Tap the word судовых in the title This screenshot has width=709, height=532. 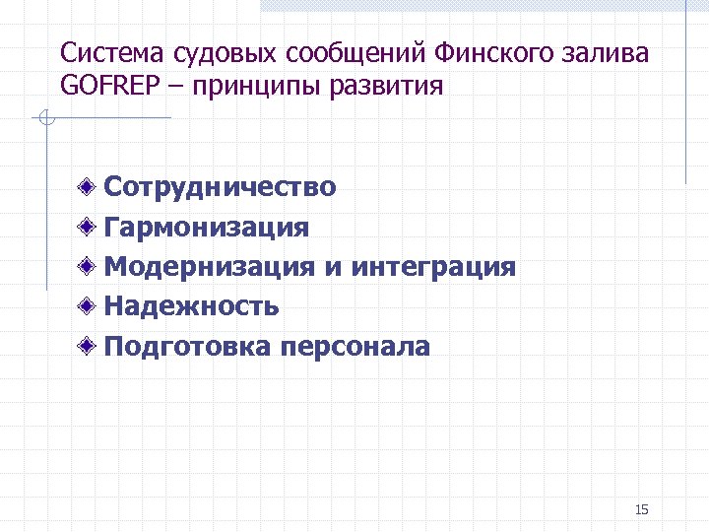point(207,53)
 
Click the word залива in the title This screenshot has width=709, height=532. point(612,53)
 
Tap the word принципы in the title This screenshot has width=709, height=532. point(254,87)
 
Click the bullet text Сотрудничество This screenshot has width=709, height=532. point(221,186)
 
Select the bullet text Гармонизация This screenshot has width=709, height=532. point(207,228)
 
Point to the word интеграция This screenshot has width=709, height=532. point(433,267)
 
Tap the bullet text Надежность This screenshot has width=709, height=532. point(192,306)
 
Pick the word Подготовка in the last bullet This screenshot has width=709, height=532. point(188,347)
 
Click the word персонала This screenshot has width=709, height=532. point(354,347)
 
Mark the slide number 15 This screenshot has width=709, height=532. point(642,509)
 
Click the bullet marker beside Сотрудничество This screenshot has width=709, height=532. point(89,186)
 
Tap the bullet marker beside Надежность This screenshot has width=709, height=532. point(89,306)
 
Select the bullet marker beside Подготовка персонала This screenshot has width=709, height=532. point(89,347)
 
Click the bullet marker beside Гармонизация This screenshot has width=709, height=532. point(89,228)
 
